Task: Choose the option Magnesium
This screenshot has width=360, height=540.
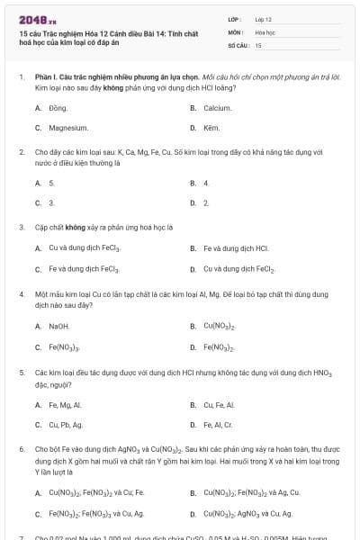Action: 67,128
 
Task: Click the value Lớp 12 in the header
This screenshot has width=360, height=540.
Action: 264,18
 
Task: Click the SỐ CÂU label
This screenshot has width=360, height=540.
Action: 238,44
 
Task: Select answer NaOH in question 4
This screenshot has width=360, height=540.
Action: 58,326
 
